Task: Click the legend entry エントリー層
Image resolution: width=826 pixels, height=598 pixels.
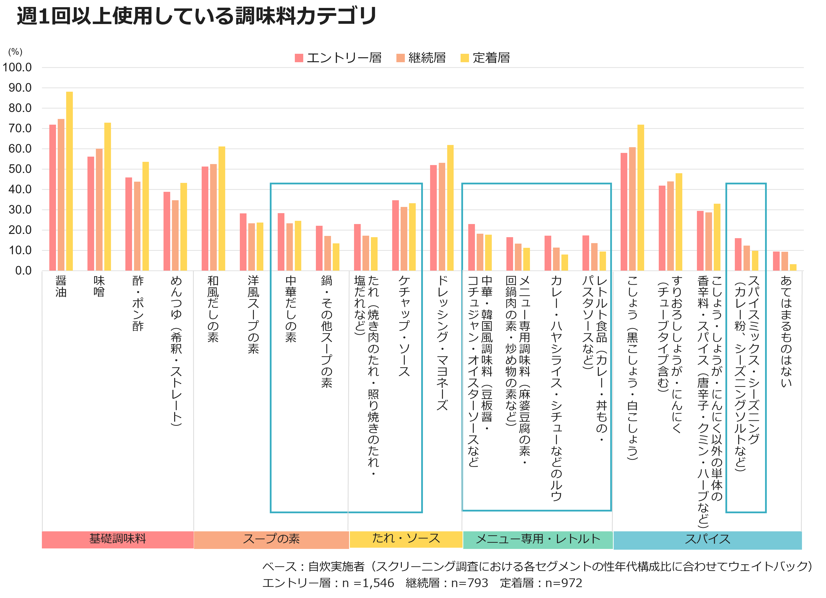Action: click(x=338, y=57)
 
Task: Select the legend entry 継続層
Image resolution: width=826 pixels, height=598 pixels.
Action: click(x=421, y=57)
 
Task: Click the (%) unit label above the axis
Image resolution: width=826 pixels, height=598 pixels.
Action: click(x=15, y=52)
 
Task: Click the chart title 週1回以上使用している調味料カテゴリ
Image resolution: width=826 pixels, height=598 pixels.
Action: click(x=197, y=16)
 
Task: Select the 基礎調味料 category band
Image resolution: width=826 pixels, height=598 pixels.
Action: click(x=118, y=539)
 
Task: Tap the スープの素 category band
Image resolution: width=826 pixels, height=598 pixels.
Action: click(x=271, y=539)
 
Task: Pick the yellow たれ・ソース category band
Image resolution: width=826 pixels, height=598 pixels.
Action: click(x=406, y=539)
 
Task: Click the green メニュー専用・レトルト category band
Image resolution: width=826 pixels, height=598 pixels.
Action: click(x=538, y=539)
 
